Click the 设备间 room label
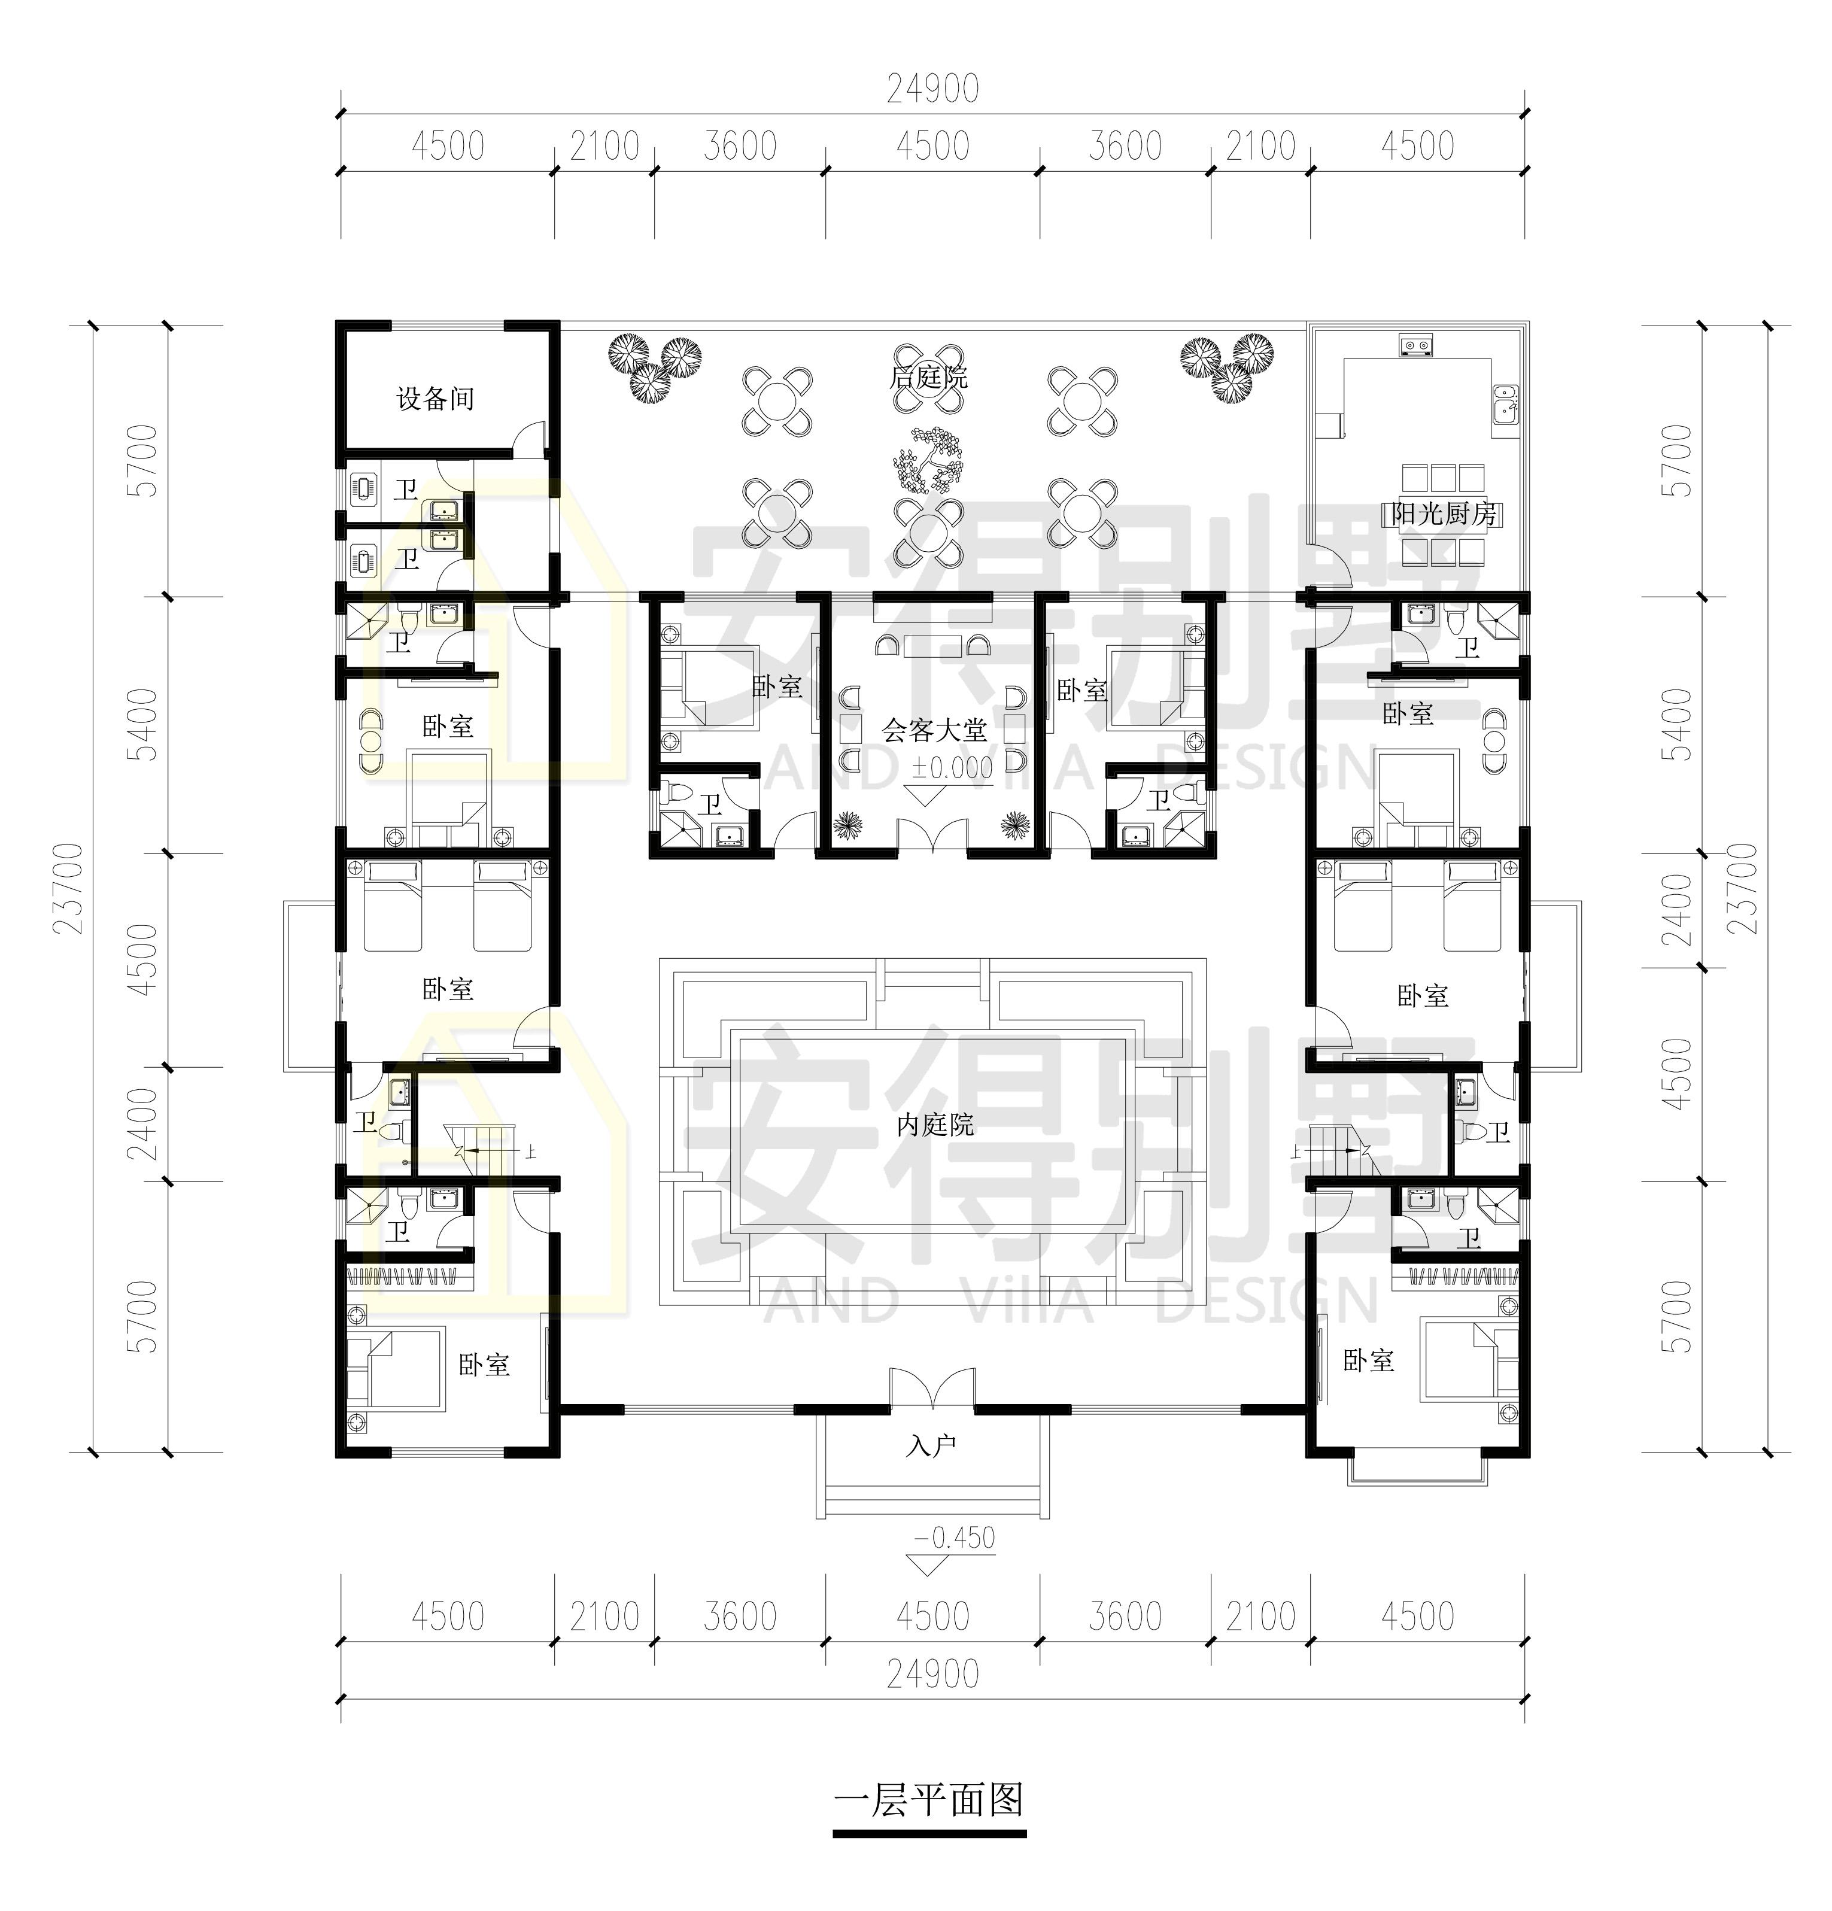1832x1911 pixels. [x=435, y=398]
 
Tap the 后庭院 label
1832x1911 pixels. [x=928, y=376]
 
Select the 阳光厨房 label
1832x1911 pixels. [x=1444, y=514]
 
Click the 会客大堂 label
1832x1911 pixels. [x=935, y=730]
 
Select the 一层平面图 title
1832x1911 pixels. [x=929, y=1801]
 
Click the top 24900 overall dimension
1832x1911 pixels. [x=932, y=90]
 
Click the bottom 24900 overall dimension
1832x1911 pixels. [x=932, y=1674]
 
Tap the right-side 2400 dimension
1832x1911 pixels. [x=1679, y=911]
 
